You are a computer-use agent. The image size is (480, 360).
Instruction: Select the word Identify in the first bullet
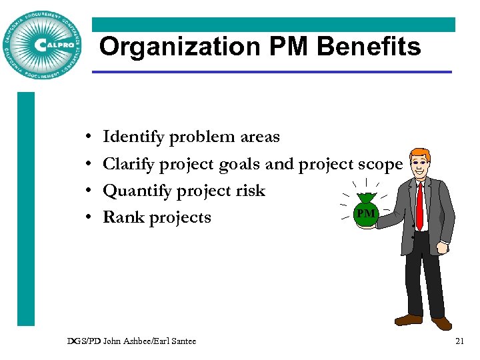[x=133, y=137]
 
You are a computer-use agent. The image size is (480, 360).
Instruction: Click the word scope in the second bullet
[x=380, y=164]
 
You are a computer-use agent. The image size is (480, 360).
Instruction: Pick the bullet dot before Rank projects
[x=89, y=218]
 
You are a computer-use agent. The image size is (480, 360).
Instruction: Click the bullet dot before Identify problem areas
[x=89, y=138]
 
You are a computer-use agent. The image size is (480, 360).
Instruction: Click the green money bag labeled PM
[x=365, y=210]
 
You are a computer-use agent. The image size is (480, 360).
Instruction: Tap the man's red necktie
[x=419, y=203]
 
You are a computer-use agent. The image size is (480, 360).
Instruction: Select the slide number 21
[x=459, y=341]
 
